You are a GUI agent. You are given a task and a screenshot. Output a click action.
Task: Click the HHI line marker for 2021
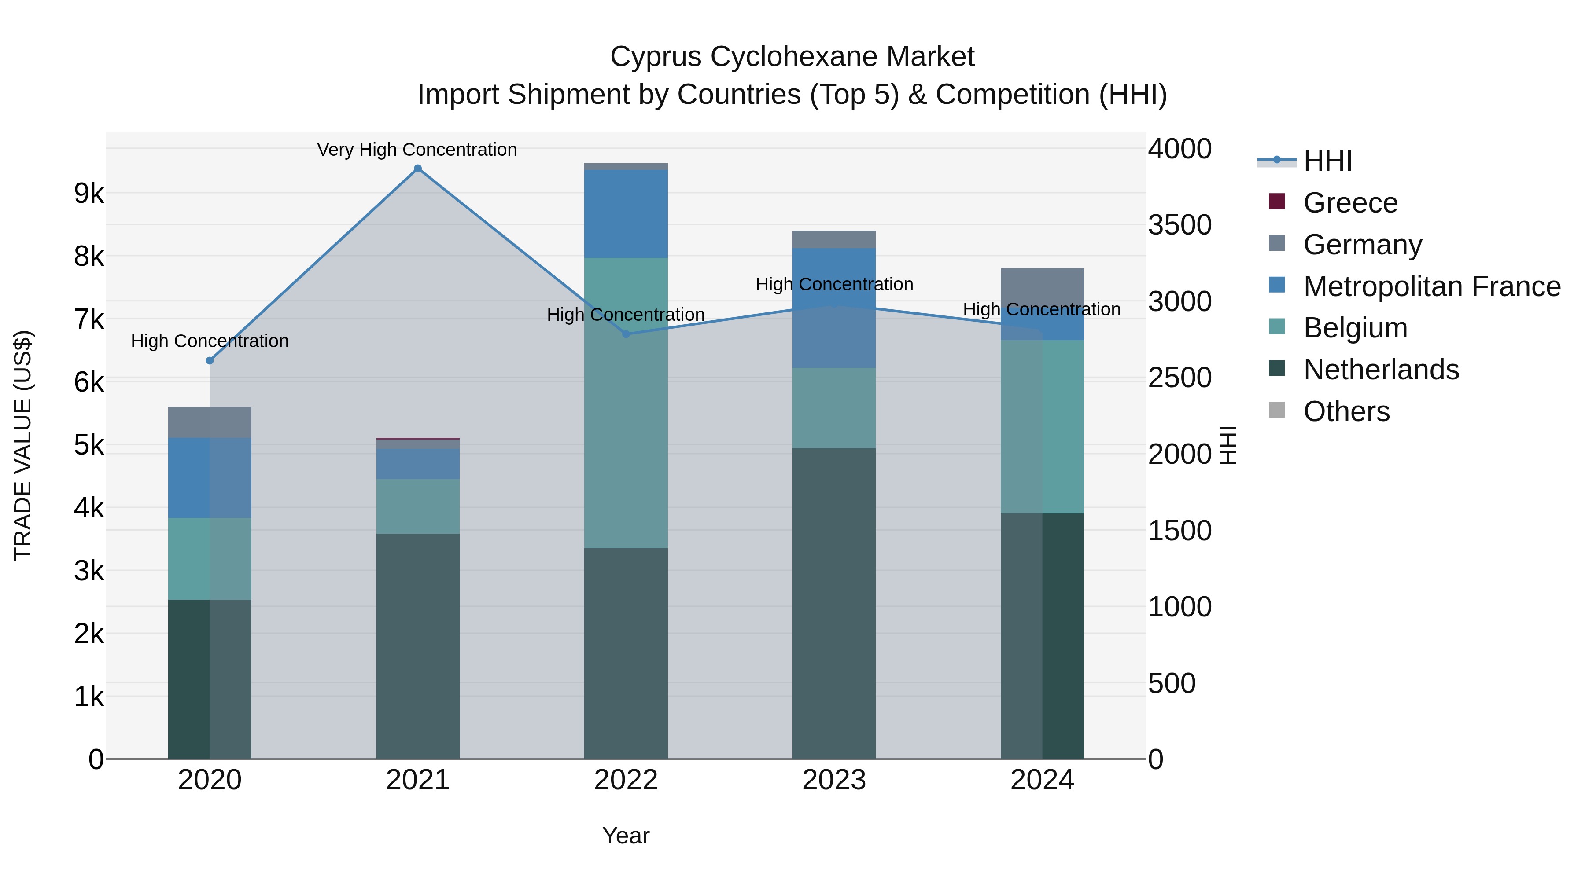[x=418, y=169]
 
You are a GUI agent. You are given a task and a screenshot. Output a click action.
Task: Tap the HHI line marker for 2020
[x=210, y=360]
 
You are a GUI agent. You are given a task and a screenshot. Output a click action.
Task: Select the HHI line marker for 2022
[x=626, y=334]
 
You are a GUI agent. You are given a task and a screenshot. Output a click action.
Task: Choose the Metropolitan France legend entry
[x=1431, y=286]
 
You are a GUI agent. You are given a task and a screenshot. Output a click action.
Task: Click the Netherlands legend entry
[x=1381, y=370]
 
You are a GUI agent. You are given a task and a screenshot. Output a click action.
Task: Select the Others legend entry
[x=1346, y=411]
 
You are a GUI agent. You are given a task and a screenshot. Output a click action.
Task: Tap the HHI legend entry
[x=1327, y=161]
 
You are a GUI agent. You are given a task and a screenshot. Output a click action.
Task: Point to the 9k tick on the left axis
[x=88, y=193]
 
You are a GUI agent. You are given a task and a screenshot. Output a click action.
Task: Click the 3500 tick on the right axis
[x=1180, y=225]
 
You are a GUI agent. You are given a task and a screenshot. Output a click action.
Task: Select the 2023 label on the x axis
[x=834, y=780]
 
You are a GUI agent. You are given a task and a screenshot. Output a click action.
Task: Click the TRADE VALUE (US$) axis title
[x=23, y=445]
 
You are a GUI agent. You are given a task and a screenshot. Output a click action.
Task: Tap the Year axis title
[x=626, y=836]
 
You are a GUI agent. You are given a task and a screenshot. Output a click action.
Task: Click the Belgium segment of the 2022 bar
[x=626, y=403]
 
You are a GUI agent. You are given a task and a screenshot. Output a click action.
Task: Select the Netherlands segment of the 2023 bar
[x=834, y=603]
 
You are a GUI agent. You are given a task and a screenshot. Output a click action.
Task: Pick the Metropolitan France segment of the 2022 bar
[x=626, y=213]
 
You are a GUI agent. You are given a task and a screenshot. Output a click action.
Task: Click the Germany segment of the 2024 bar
[x=1042, y=288]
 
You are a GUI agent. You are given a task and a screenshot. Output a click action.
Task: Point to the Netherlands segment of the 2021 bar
[x=418, y=645]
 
